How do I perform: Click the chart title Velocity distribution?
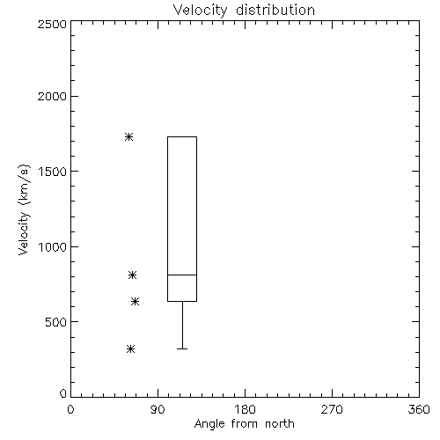244,10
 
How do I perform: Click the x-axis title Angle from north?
244,424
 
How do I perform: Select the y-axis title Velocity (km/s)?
24,209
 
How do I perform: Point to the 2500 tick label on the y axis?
52,24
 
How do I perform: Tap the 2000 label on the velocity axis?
52,96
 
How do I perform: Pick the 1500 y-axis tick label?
53,172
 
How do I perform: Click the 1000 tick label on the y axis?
53,246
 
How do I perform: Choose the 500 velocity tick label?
56,322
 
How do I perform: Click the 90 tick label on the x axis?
158,409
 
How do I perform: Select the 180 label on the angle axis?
245,409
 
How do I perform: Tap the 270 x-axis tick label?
332,409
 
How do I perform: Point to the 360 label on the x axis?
419,409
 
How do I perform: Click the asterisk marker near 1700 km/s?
128,136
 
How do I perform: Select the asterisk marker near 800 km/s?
132,275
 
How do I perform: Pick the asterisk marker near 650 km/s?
135,301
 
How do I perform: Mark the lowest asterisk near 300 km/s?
130,348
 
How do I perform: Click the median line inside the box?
182,275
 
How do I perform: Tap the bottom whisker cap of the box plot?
182,348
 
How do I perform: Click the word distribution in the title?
275,10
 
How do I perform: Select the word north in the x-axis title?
280,424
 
